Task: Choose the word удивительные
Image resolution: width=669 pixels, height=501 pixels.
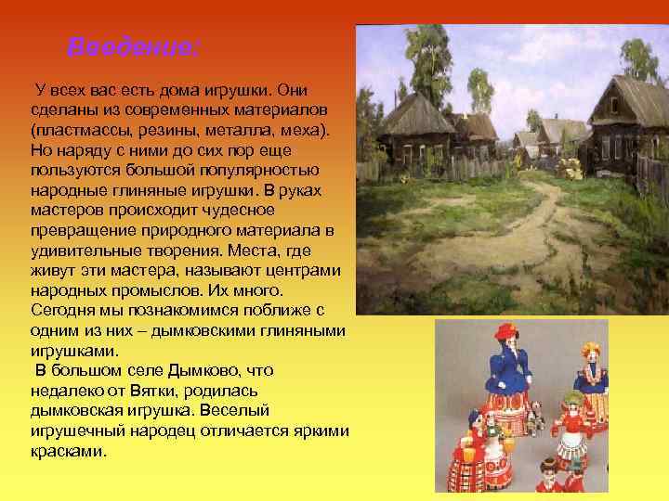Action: tap(83, 250)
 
